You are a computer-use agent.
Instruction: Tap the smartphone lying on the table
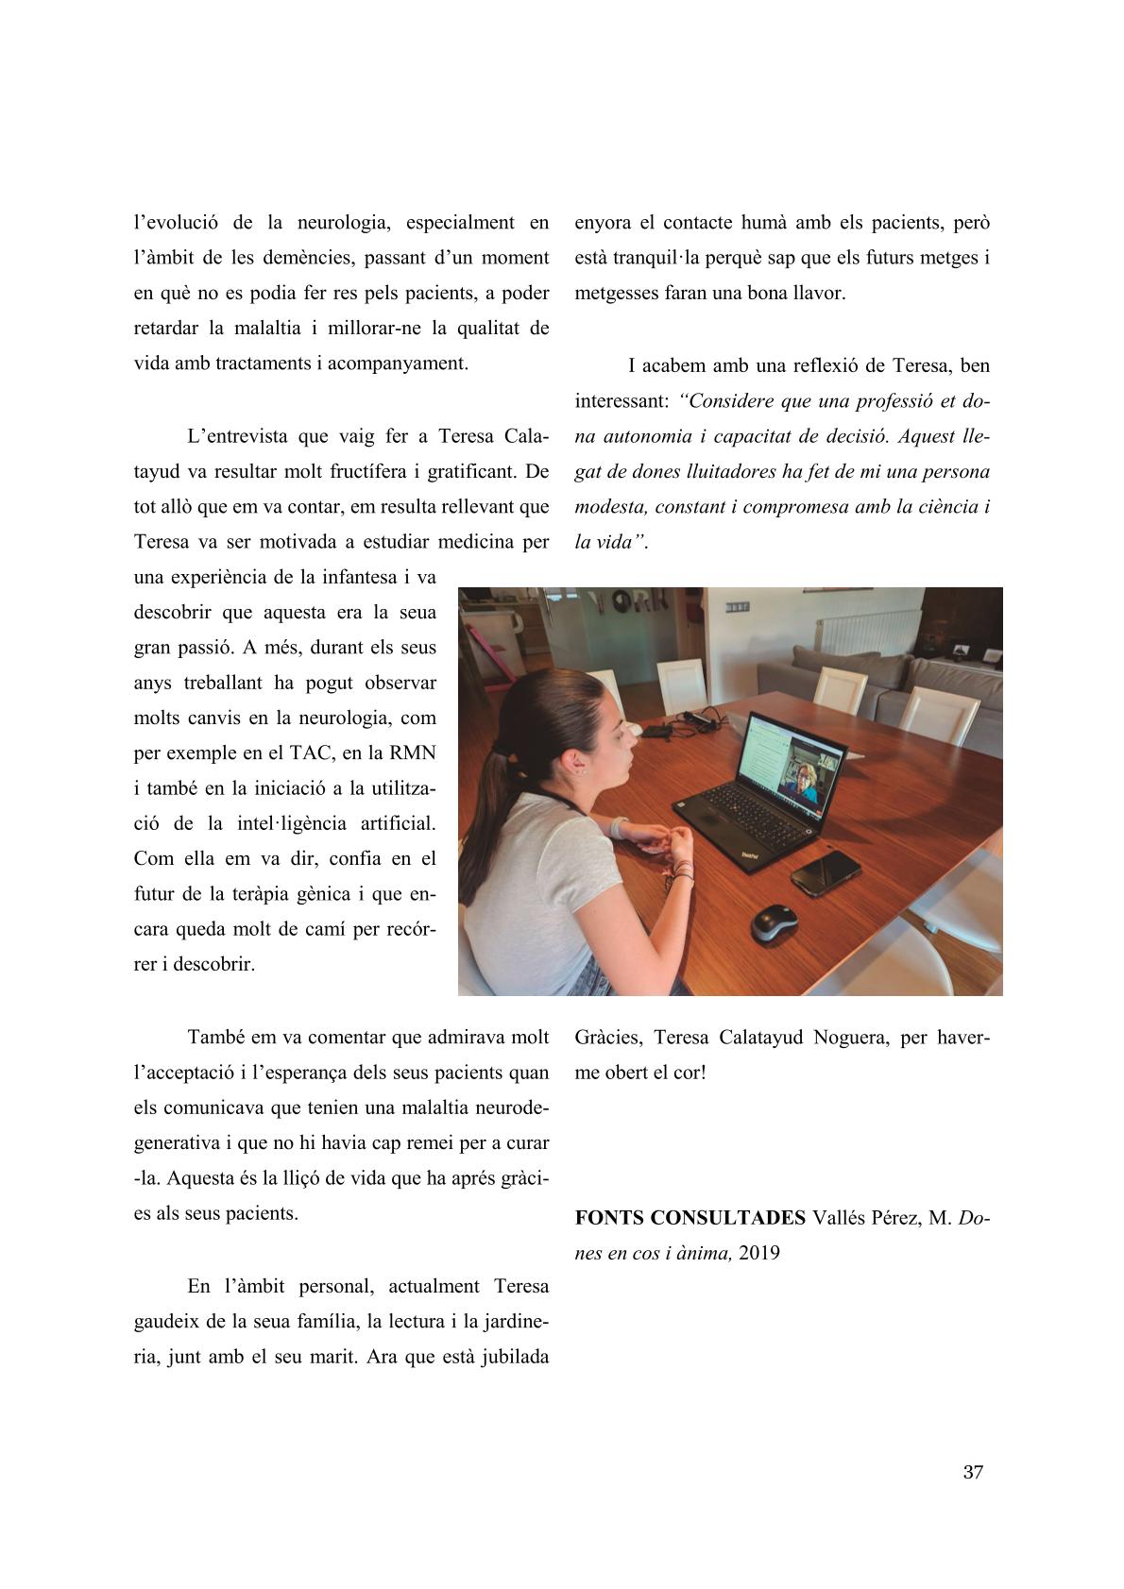tap(825, 871)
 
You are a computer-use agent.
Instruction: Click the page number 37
tap(973, 1472)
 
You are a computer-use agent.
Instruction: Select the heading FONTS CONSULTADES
tap(690, 1217)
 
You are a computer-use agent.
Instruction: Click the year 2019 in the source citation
tap(759, 1253)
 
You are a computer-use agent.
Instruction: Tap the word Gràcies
tap(608, 1038)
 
